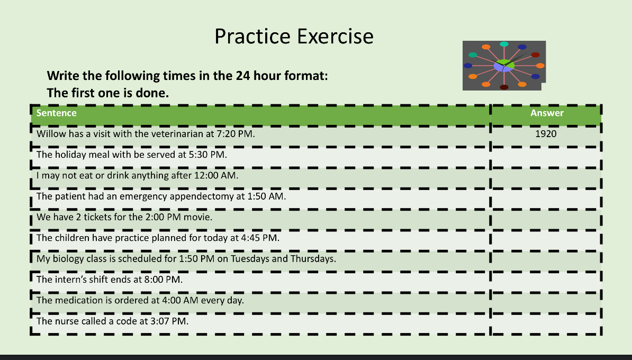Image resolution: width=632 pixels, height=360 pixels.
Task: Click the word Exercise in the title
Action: point(335,37)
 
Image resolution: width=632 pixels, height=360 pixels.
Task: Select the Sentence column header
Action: point(57,113)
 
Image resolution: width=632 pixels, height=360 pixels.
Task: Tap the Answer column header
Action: point(547,113)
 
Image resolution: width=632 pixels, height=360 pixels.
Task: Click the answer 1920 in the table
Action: point(546,134)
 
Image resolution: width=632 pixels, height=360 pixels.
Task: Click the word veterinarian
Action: point(168,134)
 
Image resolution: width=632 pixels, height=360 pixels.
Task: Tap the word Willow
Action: point(51,134)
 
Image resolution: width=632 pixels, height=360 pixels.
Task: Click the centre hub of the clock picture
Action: point(504,66)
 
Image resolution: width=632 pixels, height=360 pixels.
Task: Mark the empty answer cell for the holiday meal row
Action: point(546,155)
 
